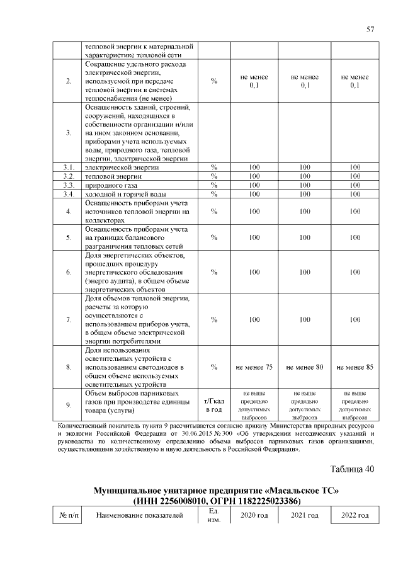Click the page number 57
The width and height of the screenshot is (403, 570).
[x=370, y=30]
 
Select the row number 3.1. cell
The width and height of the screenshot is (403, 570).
[x=68, y=167]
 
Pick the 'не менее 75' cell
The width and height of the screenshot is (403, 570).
[x=254, y=367]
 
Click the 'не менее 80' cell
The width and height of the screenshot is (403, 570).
[x=305, y=367]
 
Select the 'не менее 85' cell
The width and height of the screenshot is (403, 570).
[x=355, y=367]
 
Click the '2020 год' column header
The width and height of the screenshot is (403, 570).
[x=254, y=516]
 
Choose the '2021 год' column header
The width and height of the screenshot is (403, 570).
[x=305, y=516]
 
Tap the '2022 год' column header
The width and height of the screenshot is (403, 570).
[x=355, y=516]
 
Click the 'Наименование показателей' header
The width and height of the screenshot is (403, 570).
[x=140, y=516]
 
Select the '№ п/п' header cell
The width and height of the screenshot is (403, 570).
[x=69, y=516]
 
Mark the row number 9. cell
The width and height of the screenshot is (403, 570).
[x=68, y=405]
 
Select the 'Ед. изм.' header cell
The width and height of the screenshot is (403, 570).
[x=213, y=516]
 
